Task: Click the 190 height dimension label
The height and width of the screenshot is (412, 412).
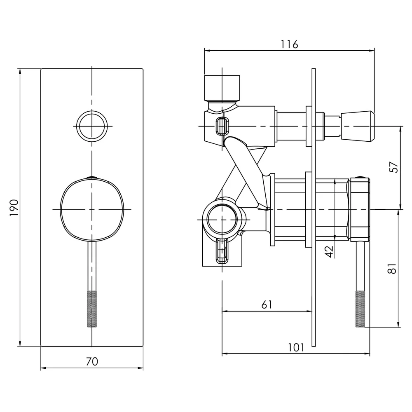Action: click(x=14, y=208)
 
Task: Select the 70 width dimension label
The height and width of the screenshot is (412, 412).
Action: click(x=92, y=362)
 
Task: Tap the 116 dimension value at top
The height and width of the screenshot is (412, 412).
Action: click(x=289, y=44)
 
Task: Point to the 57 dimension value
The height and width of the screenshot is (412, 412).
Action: click(x=393, y=167)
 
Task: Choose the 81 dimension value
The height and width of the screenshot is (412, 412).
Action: click(x=392, y=268)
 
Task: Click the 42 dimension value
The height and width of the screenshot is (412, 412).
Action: click(x=329, y=251)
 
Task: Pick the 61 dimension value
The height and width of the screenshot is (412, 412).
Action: click(x=267, y=304)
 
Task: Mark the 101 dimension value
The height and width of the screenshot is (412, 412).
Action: click(x=296, y=347)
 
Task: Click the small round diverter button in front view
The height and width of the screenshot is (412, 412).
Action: click(x=92, y=126)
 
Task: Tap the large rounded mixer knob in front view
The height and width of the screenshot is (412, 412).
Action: click(x=92, y=209)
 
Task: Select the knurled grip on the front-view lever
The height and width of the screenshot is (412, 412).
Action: click(x=92, y=309)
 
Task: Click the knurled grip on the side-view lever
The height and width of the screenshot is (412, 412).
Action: click(x=360, y=309)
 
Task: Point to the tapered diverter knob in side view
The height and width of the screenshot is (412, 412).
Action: click(x=358, y=126)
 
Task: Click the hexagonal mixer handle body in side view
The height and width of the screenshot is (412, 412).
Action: click(x=359, y=209)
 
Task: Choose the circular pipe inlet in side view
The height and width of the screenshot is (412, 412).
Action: click(x=222, y=219)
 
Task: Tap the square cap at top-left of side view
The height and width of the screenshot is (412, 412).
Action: click(x=222, y=88)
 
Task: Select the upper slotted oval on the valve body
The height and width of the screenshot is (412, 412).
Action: click(x=222, y=126)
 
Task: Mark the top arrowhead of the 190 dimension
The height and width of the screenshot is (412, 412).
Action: click(x=20, y=71)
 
